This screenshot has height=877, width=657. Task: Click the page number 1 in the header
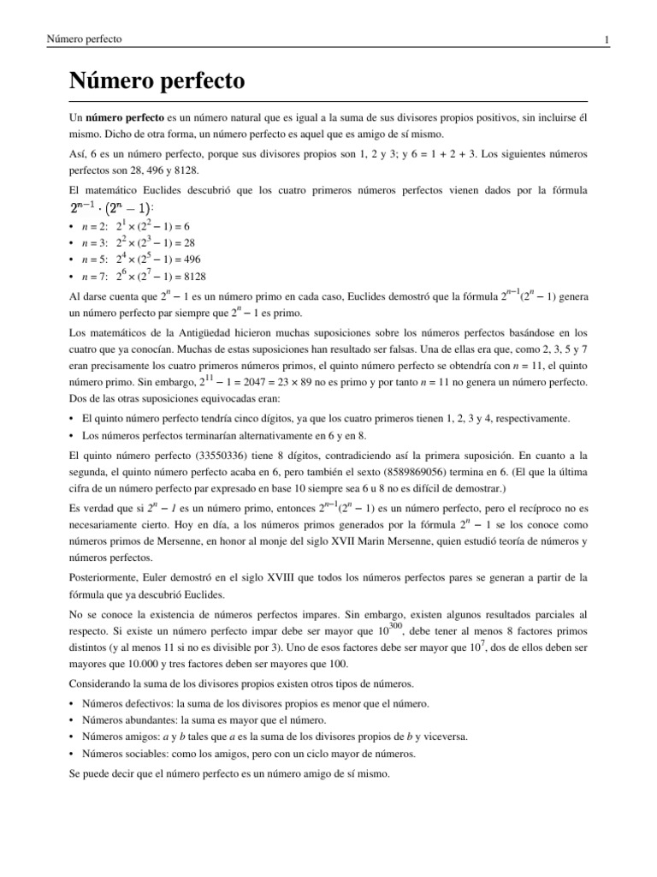click(606, 40)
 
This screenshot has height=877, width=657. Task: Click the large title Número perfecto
click(157, 82)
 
